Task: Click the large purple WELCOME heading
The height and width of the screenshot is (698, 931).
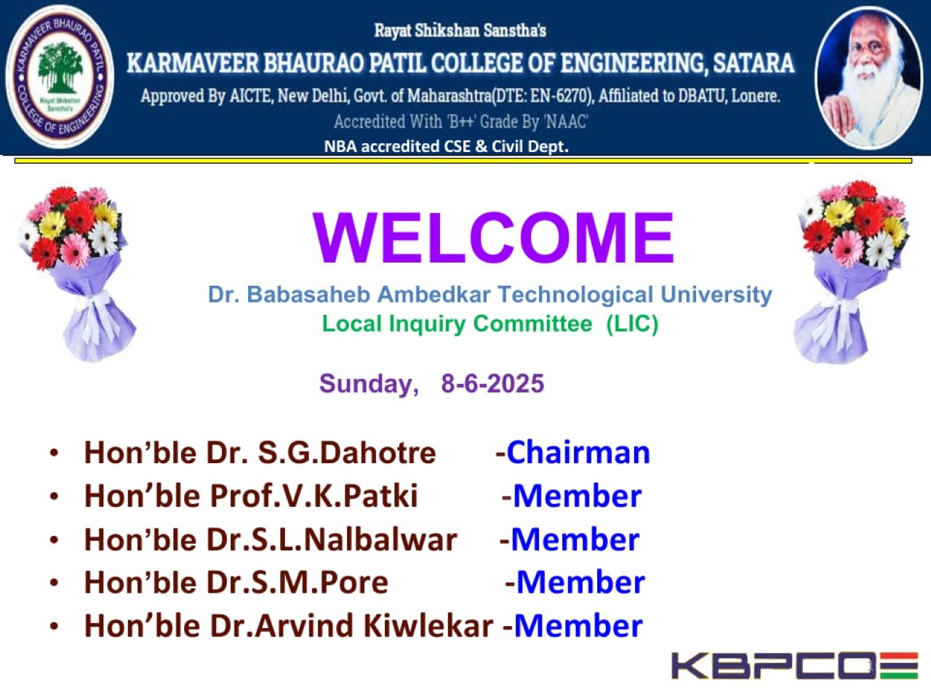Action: tap(493, 238)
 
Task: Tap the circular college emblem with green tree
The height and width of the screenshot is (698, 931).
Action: tap(60, 77)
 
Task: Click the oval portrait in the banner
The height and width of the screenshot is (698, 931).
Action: tap(868, 78)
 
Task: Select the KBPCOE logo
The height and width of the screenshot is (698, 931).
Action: tap(794, 666)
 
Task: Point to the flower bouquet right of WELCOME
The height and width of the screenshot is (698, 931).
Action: tap(852, 272)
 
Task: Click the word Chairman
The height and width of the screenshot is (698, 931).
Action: tap(578, 453)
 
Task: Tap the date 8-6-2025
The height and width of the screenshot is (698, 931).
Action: tap(492, 384)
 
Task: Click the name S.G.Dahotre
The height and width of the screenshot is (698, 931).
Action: tap(347, 453)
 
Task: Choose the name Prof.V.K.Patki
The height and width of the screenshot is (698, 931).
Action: tap(314, 495)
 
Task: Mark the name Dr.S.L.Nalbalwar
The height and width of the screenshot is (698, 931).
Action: tap(332, 539)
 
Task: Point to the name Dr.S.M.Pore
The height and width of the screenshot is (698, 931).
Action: tap(297, 582)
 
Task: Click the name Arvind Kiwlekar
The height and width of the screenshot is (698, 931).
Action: tap(374, 625)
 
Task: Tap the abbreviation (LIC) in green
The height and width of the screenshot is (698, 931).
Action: tap(632, 324)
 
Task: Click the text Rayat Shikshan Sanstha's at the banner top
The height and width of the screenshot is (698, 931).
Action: tap(460, 31)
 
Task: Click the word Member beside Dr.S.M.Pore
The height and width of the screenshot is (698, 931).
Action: tap(580, 582)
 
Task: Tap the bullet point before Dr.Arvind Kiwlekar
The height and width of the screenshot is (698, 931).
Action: tap(54, 626)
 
